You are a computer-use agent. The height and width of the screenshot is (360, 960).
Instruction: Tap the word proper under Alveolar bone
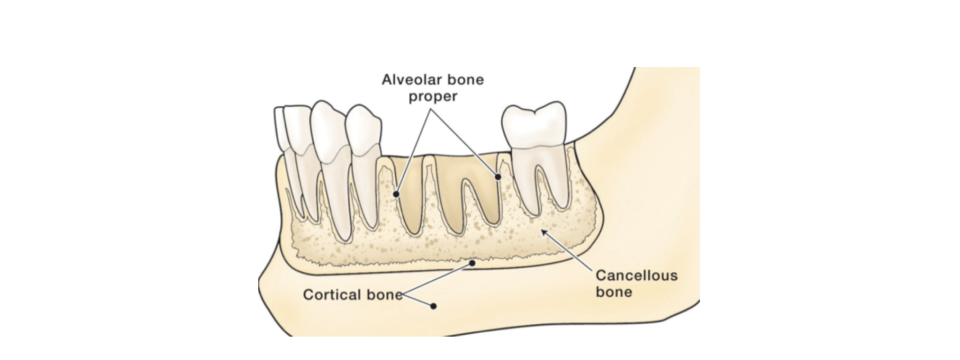[432, 96]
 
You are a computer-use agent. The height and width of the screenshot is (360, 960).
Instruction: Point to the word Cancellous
[636, 275]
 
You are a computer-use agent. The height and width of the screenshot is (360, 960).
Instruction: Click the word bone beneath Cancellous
[613, 291]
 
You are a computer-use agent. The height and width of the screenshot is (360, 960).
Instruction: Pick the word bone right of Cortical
[384, 294]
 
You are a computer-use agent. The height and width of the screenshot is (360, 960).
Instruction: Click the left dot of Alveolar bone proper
[396, 193]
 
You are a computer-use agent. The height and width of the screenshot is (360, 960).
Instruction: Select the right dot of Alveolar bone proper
[498, 176]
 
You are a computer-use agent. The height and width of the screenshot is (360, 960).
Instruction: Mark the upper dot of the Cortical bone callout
[472, 262]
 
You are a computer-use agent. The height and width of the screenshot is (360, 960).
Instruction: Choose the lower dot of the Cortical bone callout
[433, 306]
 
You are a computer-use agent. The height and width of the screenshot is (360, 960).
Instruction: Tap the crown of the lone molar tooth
[534, 125]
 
